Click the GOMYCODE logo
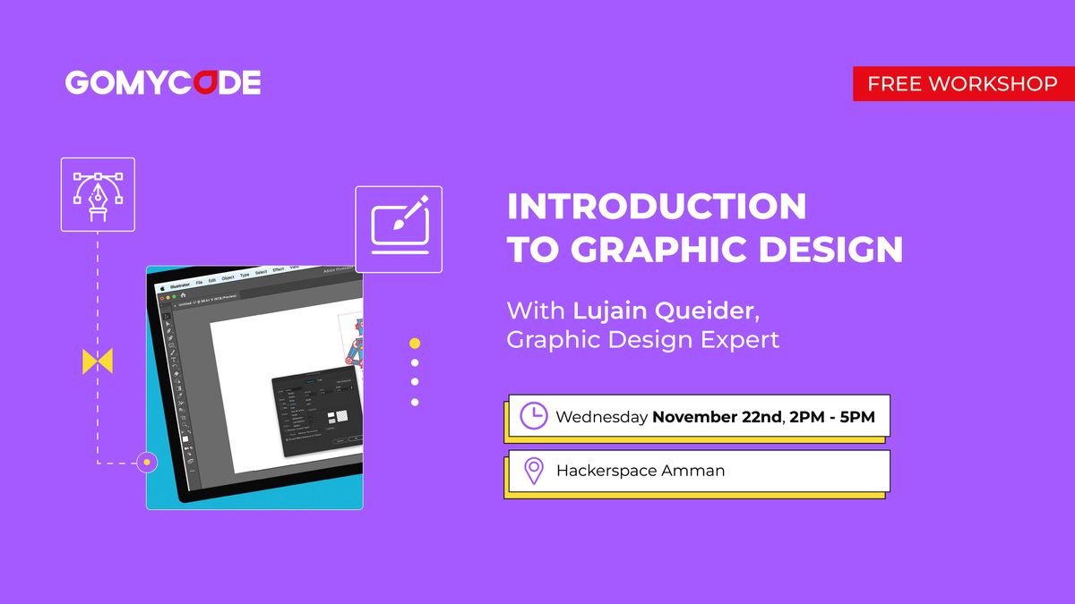(x=163, y=83)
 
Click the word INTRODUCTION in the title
(x=657, y=207)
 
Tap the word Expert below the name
(x=740, y=340)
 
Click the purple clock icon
(x=534, y=416)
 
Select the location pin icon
(x=534, y=471)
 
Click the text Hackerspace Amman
(x=641, y=471)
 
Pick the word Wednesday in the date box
(x=601, y=417)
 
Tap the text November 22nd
(x=717, y=417)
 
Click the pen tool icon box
(x=98, y=194)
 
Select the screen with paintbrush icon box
(x=399, y=229)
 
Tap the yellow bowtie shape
(x=98, y=362)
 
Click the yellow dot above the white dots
(x=415, y=343)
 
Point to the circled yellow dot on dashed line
(x=146, y=463)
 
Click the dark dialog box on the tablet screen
(x=318, y=416)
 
